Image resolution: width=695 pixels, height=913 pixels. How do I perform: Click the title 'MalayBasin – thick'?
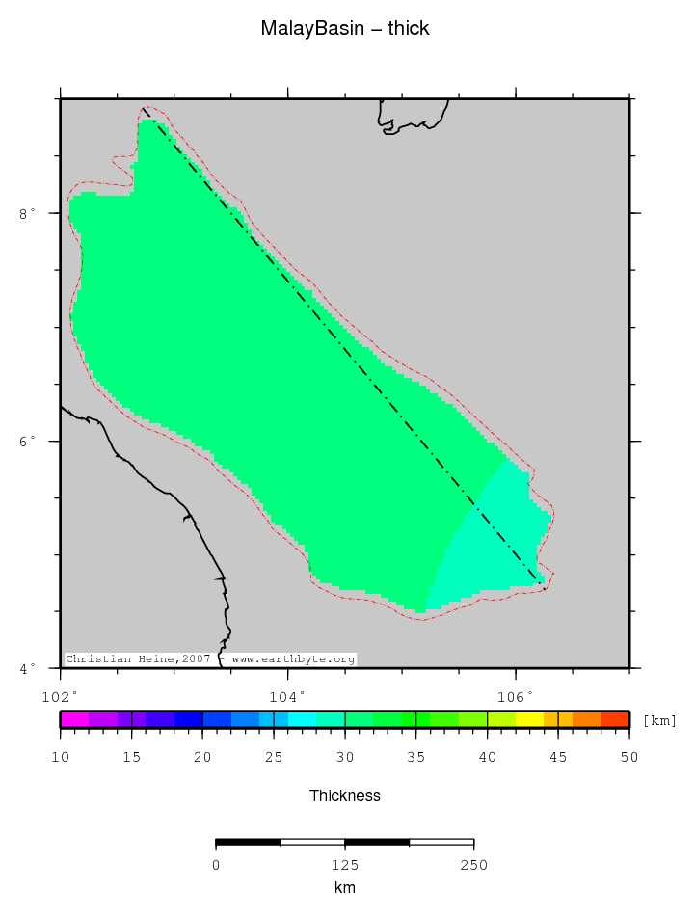pyautogui.click(x=345, y=29)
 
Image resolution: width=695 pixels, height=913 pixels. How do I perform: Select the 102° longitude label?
pyautogui.click(x=60, y=694)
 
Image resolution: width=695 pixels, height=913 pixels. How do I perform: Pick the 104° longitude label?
pyautogui.click(x=287, y=694)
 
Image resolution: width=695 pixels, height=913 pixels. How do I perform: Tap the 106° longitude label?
pyautogui.click(x=515, y=694)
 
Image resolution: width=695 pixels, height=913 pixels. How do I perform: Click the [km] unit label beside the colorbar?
pyautogui.click(x=660, y=720)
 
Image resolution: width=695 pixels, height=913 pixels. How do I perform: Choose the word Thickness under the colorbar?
pyautogui.click(x=345, y=796)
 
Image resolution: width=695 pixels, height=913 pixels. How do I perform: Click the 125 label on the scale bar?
pyautogui.click(x=345, y=865)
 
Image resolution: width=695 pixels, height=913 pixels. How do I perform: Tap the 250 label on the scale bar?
pyautogui.click(x=473, y=865)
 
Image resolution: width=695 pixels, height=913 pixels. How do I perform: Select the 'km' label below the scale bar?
pyautogui.click(x=345, y=888)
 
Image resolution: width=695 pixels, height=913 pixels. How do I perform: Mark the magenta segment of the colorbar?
pyautogui.click(x=74, y=719)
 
